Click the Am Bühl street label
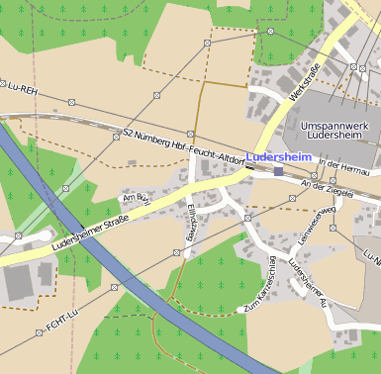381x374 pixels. click(x=134, y=198)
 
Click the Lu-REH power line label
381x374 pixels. click(x=22, y=87)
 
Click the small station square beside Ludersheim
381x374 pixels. click(x=280, y=171)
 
